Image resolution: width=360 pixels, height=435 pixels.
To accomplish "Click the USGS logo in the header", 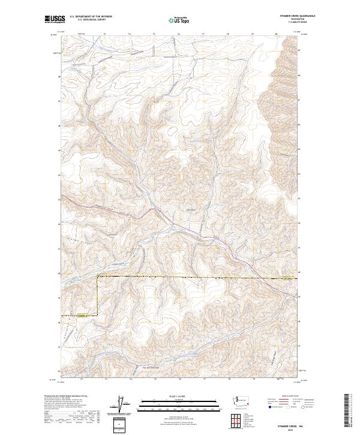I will pos(55,19).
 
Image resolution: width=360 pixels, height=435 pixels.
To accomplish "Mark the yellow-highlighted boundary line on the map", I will pos(180,276).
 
